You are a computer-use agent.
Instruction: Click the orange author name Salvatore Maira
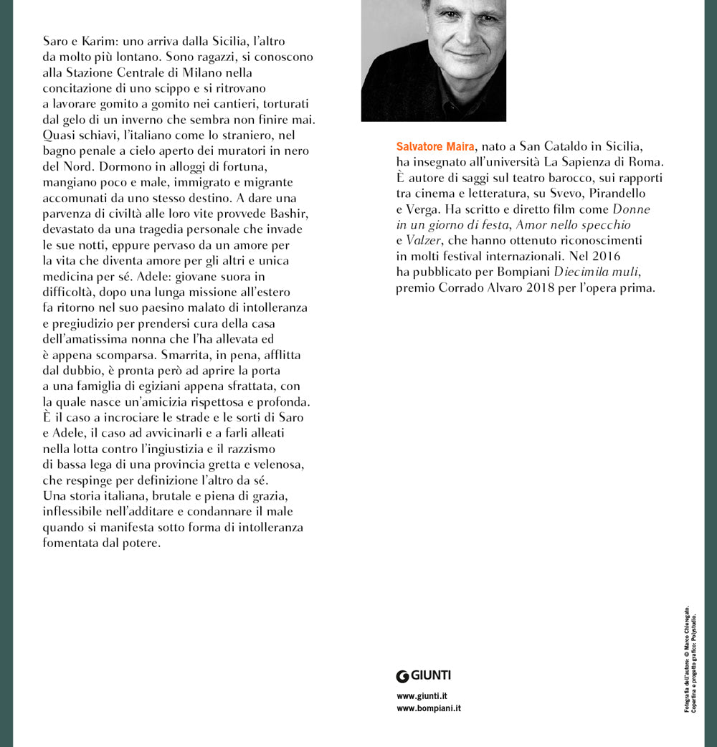pos(435,147)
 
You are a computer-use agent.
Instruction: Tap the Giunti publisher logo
pos(424,675)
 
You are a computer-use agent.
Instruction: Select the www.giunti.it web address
pos(422,695)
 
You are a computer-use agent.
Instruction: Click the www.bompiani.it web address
pos(429,708)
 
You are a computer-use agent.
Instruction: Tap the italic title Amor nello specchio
pos(574,225)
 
